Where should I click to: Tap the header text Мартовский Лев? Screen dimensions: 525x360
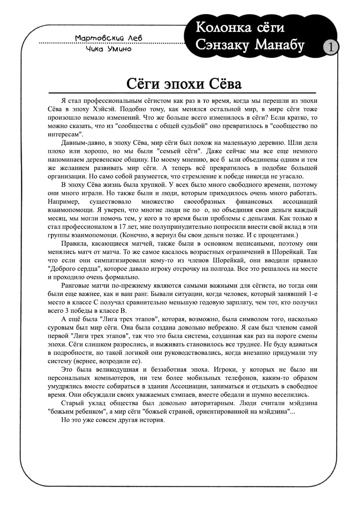coord(109,38)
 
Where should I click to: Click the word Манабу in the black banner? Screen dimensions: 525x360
coord(280,45)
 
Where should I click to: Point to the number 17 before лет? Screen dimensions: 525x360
coord(122,226)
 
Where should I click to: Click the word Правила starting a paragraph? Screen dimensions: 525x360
coord(73,243)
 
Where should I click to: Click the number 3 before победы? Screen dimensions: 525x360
coord(67,310)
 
